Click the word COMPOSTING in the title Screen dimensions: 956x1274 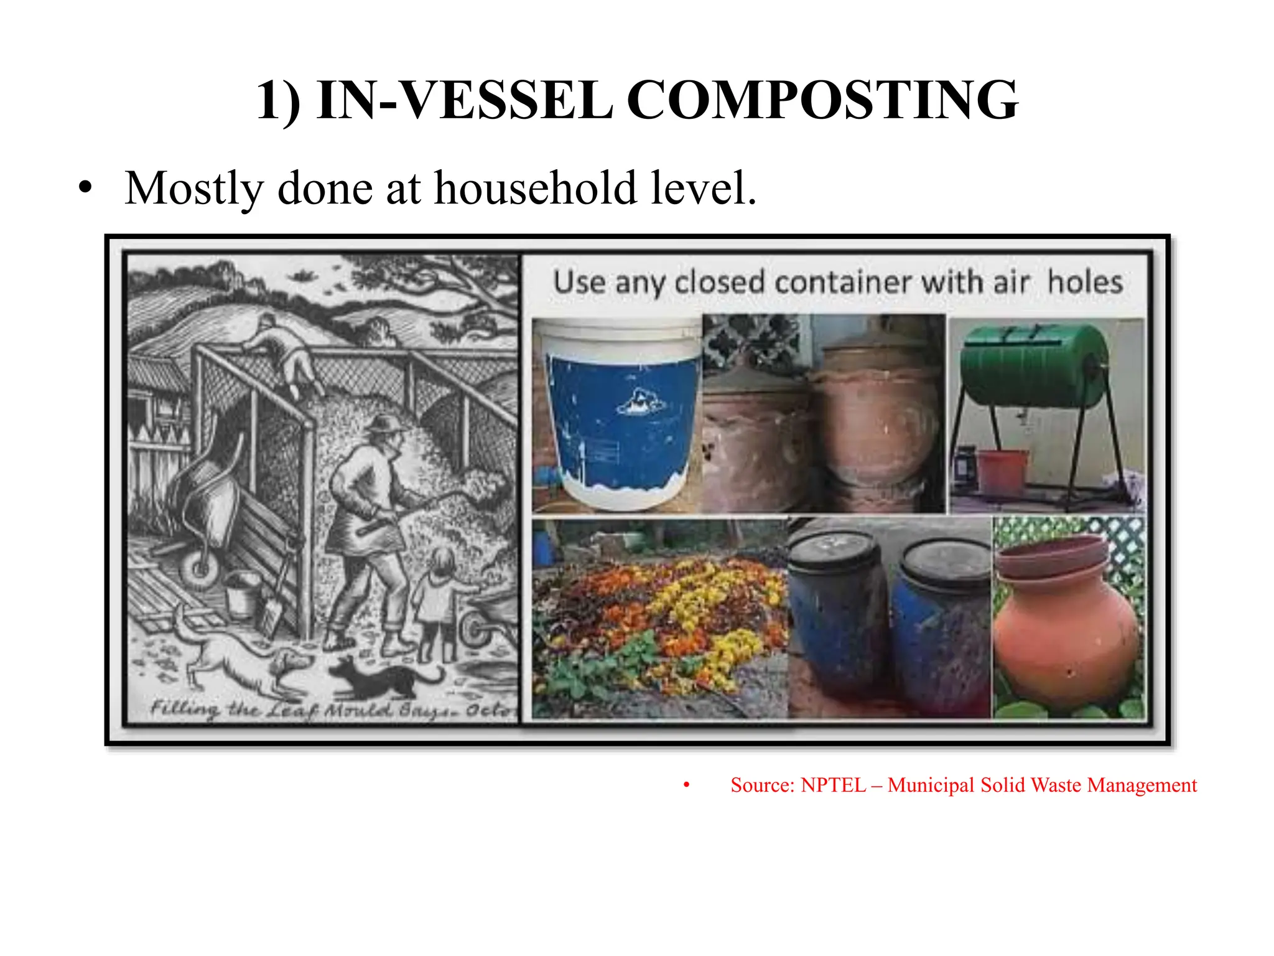[x=822, y=101]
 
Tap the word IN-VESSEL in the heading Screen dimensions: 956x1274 [x=464, y=101]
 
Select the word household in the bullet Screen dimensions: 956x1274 [x=536, y=188]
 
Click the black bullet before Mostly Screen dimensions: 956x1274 [x=85, y=188]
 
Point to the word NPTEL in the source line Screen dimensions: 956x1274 [x=833, y=785]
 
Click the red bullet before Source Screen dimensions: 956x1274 [x=686, y=785]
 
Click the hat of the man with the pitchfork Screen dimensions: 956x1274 [x=384, y=425]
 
